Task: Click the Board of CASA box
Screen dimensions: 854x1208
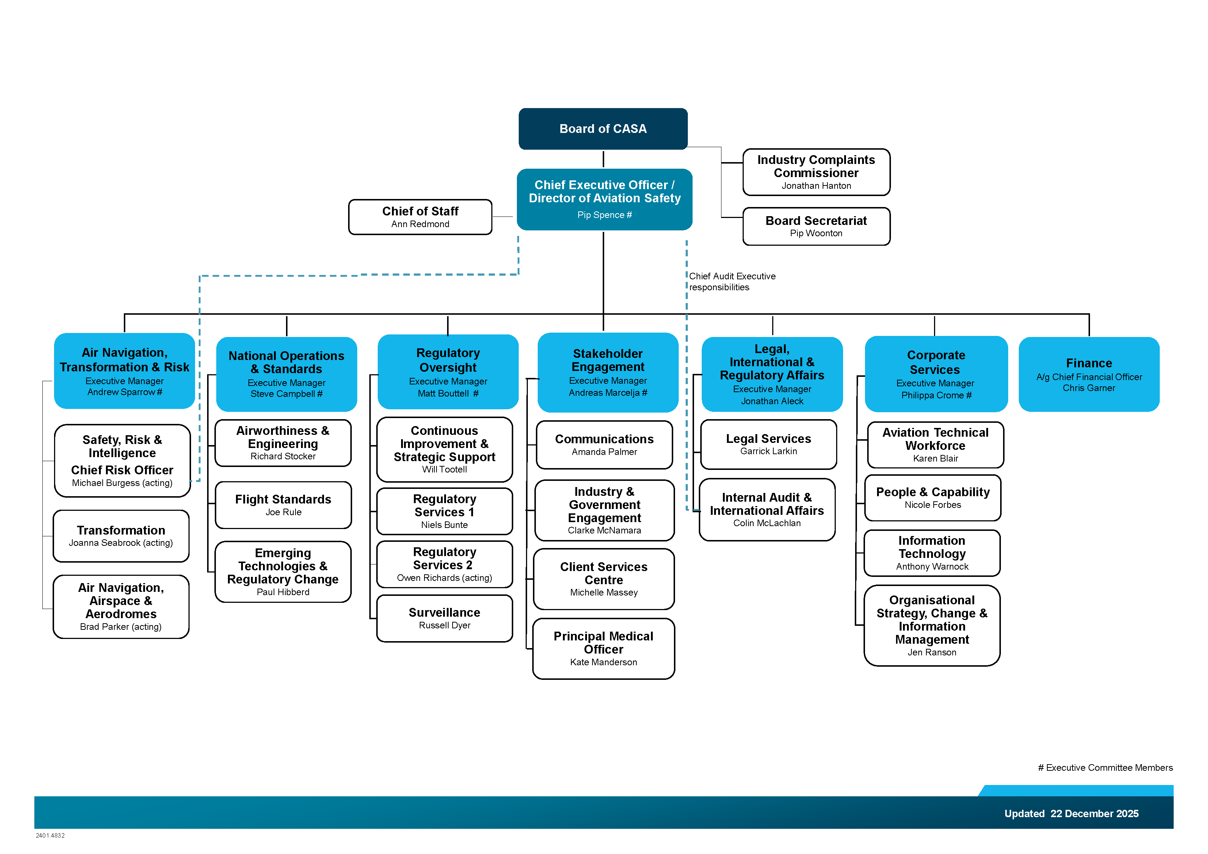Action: (603, 129)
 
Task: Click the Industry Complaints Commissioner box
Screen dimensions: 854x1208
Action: (816, 172)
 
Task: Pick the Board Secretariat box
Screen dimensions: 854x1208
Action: (816, 226)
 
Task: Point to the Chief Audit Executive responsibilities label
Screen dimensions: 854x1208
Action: (732, 282)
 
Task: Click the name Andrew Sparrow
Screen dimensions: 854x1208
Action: (121, 392)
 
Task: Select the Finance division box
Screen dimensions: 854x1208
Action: (1089, 374)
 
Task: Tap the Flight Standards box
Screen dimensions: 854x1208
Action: (283, 505)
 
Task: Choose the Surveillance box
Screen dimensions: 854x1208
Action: (445, 618)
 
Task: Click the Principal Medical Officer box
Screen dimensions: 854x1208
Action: (603, 648)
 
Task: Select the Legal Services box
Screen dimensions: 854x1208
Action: (768, 444)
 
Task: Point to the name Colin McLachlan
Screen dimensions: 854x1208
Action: (767, 523)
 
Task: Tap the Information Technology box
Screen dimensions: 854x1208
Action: (932, 553)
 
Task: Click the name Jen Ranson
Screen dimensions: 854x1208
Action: (932, 652)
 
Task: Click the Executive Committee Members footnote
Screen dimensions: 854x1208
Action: (1105, 768)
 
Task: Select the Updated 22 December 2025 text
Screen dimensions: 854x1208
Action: (1071, 813)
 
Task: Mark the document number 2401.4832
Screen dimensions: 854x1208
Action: (50, 835)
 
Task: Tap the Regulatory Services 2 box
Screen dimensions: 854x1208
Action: (445, 564)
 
